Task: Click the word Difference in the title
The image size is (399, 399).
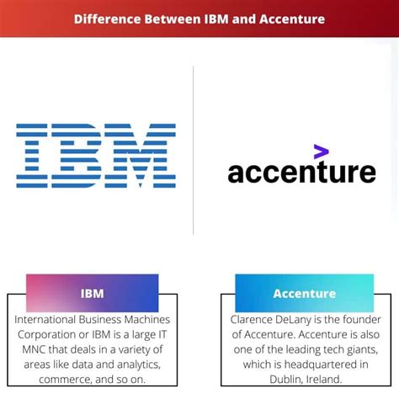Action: pos(107,19)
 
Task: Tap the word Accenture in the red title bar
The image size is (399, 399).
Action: pos(292,19)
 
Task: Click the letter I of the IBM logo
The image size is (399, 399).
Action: pos(32,156)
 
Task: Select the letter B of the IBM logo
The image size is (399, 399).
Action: pos(77,156)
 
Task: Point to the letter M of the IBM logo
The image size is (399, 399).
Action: pos(141,156)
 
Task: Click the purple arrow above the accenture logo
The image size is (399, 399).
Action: pos(321,152)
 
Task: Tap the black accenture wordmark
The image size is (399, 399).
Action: pos(301,172)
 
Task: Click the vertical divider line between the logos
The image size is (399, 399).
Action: pos(194,151)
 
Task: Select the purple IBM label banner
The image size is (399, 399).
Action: pos(93,293)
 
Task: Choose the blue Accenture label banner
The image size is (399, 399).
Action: pos(305,293)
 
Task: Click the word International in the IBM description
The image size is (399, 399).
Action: pos(45,320)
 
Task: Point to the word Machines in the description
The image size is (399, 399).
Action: pos(147,320)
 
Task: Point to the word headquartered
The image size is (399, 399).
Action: pos(317,365)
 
